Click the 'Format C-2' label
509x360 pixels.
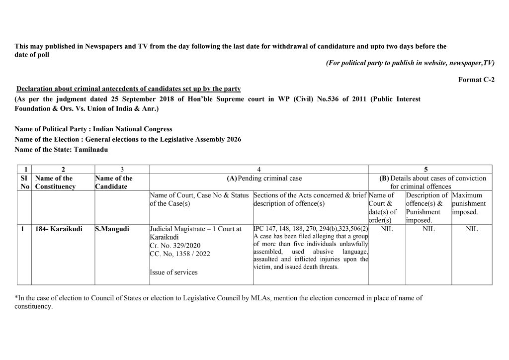coord(476,80)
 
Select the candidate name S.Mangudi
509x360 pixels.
coord(112,229)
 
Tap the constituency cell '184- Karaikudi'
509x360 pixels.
coord(56,229)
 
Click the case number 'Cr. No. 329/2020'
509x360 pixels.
coord(175,246)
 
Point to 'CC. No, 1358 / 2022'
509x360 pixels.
coord(179,254)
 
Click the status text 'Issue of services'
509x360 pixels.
coord(173,272)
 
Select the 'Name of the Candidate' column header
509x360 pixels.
coord(114,182)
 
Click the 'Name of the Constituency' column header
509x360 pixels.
coord(56,182)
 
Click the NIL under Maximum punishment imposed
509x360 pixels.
coord(472,229)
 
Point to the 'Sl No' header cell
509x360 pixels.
coord(24,182)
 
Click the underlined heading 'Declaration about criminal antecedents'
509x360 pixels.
coord(129,89)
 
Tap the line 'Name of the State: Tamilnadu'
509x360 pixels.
coord(61,149)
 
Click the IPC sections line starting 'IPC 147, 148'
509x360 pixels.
coord(310,229)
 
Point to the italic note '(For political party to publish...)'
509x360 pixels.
coord(410,63)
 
